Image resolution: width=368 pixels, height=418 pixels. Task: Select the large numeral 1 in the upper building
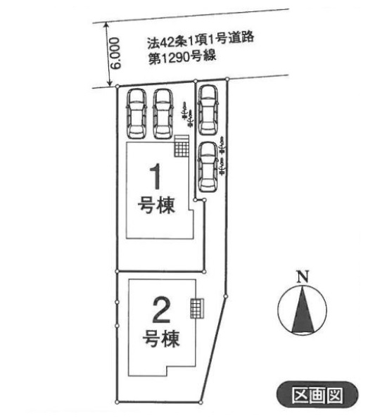tap(156, 177)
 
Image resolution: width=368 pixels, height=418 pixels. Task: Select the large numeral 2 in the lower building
tap(161, 310)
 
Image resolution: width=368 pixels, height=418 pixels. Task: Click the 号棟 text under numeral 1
tap(156, 205)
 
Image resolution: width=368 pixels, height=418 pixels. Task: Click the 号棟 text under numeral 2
tap(161, 338)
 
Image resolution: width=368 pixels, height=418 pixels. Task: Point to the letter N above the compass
tap(303, 277)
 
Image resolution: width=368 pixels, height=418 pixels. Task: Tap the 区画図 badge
tap(317, 395)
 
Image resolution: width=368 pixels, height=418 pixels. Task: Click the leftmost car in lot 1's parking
tap(137, 114)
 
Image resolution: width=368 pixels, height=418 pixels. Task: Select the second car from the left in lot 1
tap(163, 114)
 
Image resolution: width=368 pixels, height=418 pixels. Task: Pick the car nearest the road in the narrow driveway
tap(208, 110)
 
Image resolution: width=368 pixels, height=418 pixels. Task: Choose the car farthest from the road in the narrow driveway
tap(208, 167)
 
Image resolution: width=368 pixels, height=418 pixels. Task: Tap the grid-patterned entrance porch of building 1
tap(182, 146)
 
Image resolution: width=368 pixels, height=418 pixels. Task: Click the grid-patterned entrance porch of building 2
tap(197, 308)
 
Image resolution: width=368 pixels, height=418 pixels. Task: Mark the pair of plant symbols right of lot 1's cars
tap(186, 115)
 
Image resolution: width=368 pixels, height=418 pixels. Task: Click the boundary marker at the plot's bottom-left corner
tap(117, 402)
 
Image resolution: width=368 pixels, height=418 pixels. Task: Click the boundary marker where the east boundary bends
tap(225, 296)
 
